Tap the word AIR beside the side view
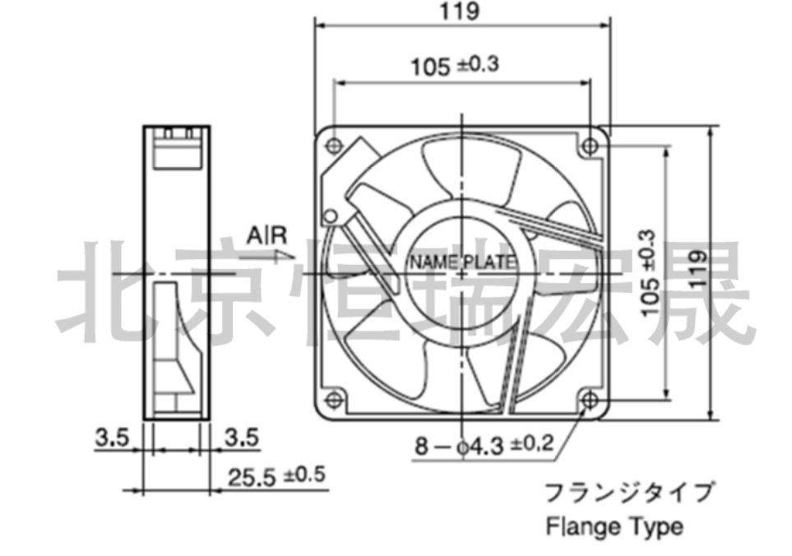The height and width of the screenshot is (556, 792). tap(266, 236)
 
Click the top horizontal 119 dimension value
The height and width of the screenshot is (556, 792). tap(459, 12)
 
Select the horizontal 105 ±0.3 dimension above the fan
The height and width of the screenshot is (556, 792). tap(455, 66)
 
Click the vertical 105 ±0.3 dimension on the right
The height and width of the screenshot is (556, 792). tap(650, 273)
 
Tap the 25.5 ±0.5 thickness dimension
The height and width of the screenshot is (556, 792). tap(276, 476)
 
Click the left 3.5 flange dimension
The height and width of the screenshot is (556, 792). tap(112, 438)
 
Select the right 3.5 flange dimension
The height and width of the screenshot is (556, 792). tap(242, 438)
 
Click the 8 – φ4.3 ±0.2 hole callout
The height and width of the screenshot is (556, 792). tap(484, 446)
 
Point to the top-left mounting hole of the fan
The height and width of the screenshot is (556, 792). tap(334, 146)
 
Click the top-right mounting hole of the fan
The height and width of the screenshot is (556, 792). tap(590, 146)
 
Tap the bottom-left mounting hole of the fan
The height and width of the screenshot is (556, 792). tap(334, 400)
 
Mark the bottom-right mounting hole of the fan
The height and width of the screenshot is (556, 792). tap(590, 401)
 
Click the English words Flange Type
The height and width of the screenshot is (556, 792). tap(614, 526)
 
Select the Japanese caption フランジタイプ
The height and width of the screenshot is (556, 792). tap(629, 493)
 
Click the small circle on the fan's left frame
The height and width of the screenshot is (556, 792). tap(331, 216)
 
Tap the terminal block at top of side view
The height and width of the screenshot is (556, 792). tap(178, 148)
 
